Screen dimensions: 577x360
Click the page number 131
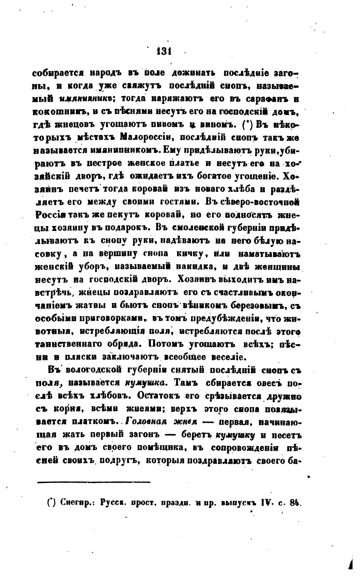tap(164, 51)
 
